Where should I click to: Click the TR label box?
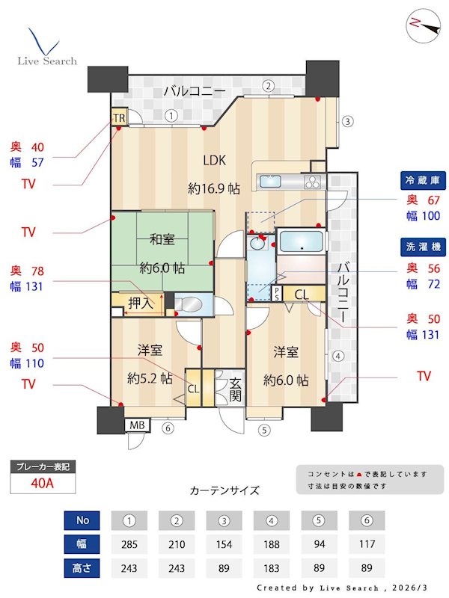pos(119,117)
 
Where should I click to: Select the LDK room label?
pos(214,159)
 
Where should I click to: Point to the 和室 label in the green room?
pos(162,239)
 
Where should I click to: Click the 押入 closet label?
pos(141,303)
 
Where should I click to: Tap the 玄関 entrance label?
pos(235,388)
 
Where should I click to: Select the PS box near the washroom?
pos(276,292)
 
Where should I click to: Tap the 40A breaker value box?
pos(43,483)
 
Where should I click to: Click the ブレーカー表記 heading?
pos(43,467)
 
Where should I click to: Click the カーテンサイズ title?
pos(224,490)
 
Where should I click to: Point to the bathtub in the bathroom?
pos(299,243)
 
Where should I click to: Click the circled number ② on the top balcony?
pos(267,85)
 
